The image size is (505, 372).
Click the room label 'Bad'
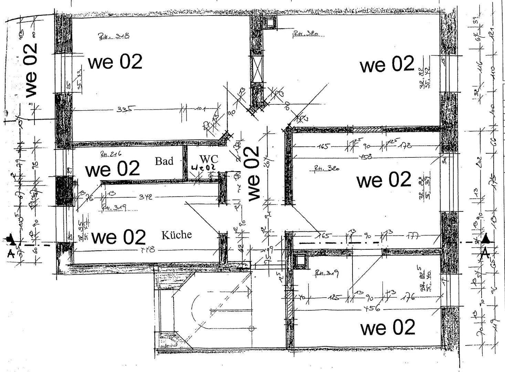coord(164,161)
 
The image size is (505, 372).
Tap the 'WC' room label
coord(209,159)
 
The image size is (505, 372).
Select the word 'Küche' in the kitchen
coord(177,235)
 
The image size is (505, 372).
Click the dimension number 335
coord(124,109)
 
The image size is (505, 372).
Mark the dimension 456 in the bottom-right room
coord(372,309)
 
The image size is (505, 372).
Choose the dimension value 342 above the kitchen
coord(146,197)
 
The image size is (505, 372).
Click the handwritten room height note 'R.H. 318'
coord(114,36)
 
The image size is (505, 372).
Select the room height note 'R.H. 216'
coord(111,154)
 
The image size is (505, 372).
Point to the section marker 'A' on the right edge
coord(485,253)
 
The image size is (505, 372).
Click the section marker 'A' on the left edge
coord(10,254)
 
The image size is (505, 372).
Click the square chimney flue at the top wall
coord(269,23)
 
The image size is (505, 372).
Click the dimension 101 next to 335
coord(200,109)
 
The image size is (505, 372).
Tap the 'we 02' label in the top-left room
coord(115,62)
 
